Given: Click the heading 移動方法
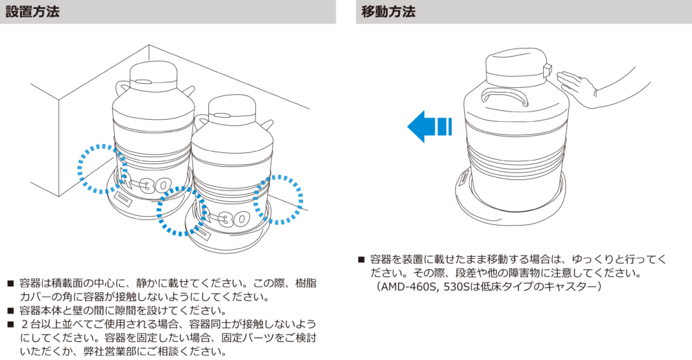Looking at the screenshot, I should [x=388, y=12].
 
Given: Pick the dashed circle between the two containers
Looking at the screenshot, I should [x=181, y=210].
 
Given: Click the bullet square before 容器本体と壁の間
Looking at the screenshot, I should [x=10, y=310].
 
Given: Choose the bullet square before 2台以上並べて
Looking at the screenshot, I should [x=10, y=324].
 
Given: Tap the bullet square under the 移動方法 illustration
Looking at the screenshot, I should [x=361, y=260].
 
